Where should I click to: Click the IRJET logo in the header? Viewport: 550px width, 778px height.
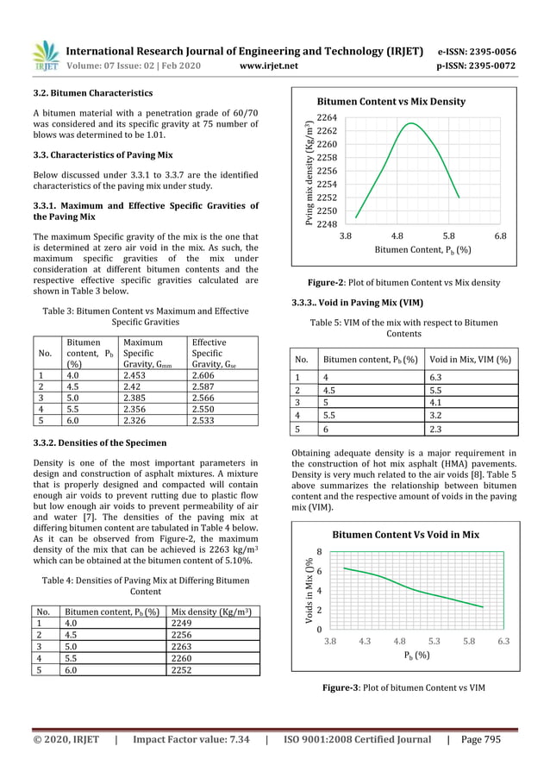coord(44,53)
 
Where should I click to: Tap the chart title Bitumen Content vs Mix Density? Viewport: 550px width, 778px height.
coord(391,101)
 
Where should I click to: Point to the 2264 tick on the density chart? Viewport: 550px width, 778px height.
coord(327,117)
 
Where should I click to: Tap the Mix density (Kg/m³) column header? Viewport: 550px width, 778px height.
coord(208,612)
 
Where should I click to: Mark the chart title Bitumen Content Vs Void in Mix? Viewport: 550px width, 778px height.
coord(405,535)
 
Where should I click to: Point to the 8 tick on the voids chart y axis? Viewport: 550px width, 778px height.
coord(319,552)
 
